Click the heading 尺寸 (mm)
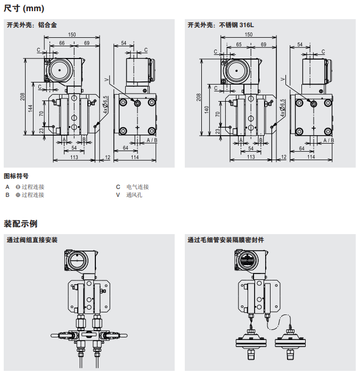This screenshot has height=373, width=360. coord(24,9)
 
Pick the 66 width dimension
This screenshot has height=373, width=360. coord(62,43)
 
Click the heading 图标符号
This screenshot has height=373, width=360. coord(16,176)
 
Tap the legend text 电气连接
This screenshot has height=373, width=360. coord(137,187)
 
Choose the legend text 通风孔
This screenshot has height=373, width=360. coord(134,195)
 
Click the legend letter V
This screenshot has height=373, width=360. coord(118,195)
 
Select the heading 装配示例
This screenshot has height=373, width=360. coord(21,223)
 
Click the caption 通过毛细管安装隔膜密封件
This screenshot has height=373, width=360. coord(226,240)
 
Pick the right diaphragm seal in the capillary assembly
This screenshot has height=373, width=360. coord(291,342)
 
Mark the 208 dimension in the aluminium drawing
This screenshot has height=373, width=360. coord(23,97)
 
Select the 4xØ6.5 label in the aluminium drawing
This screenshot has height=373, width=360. coord(105,105)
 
